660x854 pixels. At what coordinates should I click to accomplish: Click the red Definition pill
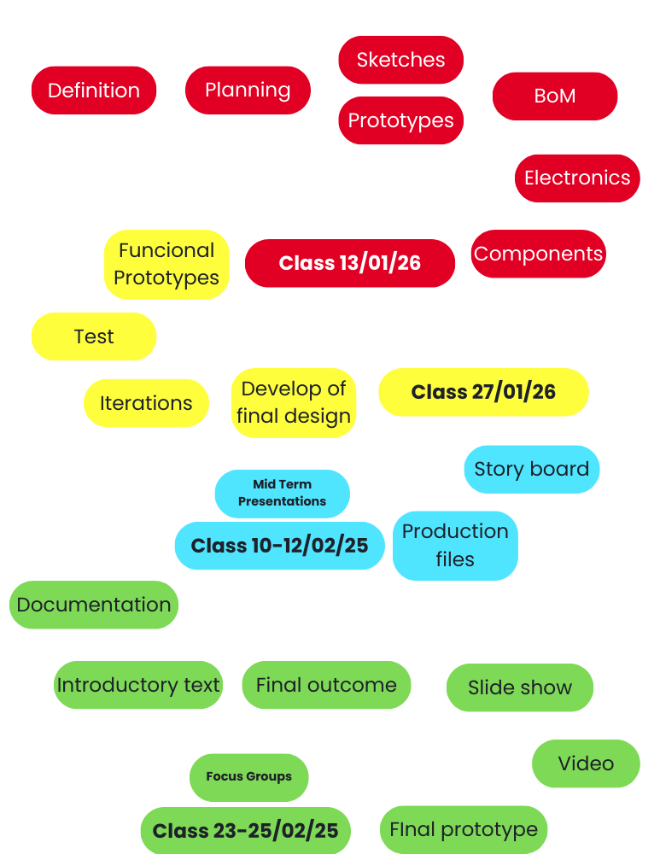[x=94, y=91]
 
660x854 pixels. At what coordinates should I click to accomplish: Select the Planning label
[x=248, y=91]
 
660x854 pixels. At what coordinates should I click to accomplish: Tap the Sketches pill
[x=400, y=60]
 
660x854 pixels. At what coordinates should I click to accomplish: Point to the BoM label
[x=554, y=97]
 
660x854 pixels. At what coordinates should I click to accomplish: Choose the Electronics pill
[x=577, y=178]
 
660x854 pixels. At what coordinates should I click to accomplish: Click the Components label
[x=538, y=254]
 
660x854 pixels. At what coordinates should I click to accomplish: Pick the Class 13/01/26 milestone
[x=350, y=263]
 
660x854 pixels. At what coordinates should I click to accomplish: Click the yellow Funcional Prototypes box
[x=166, y=265]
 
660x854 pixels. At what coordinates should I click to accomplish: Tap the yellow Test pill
[x=94, y=336]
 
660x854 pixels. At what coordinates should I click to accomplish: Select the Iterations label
[x=146, y=403]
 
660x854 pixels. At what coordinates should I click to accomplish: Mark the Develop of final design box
[x=294, y=403]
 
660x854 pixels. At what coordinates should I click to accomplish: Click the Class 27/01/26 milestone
[x=483, y=393]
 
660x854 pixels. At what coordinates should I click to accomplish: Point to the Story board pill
[x=531, y=470]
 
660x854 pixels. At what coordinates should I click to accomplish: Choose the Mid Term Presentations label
[x=282, y=494]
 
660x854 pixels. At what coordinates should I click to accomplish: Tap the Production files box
[x=455, y=546]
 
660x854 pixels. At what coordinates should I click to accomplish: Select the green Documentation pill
[x=94, y=605]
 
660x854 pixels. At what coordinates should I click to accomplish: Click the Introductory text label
[x=138, y=685]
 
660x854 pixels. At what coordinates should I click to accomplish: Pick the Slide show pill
[x=519, y=688]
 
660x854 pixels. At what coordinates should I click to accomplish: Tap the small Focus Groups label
[x=248, y=777]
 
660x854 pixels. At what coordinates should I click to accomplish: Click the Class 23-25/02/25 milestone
[x=245, y=831]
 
